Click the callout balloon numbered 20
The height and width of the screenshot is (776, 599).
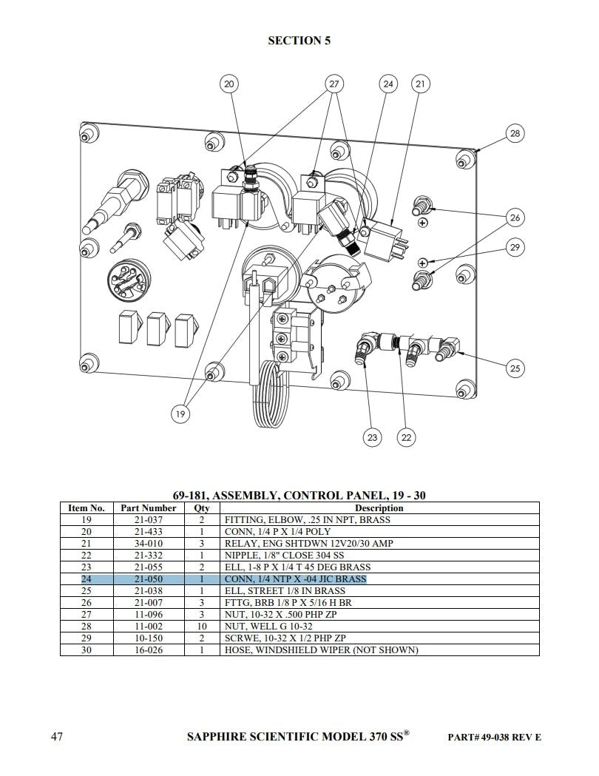pyautogui.click(x=229, y=84)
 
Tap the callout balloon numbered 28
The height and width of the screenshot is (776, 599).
pyautogui.click(x=515, y=133)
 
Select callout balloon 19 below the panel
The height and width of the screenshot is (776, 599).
pyautogui.click(x=180, y=415)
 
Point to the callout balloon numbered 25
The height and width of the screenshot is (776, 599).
pyautogui.click(x=515, y=368)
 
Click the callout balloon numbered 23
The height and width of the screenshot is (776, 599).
pyautogui.click(x=372, y=437)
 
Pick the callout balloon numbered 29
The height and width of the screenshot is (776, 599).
pyautogui.click(x=515, y=247)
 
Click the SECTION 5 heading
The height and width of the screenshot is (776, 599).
pyautogui.click(x=299, y=41)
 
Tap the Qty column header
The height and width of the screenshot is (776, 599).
pyautogui.click(x=201, y=508)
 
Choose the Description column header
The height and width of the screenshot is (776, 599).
pyautogui.click(x=379, y=508)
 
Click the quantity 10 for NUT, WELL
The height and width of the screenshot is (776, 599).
pyautogui.click(x=201, y=627)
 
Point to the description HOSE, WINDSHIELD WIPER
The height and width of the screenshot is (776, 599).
pyautogui.click(x=322, y=650)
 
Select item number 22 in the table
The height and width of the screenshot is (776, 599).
pyautogui.click(x=87, y=556)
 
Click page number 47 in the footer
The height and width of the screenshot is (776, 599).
pyautogui.click(x=56, y=737)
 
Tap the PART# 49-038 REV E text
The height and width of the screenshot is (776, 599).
pyautogui.click(x=495, y=738)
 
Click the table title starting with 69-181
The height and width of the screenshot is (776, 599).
pyautogui.click(x=299, y=495)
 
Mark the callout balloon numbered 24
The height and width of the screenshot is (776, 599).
pyautogui.click(x=388, y=84)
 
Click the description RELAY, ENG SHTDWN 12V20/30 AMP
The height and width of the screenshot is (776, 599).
pyautogui.click(x=310, y=544)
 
